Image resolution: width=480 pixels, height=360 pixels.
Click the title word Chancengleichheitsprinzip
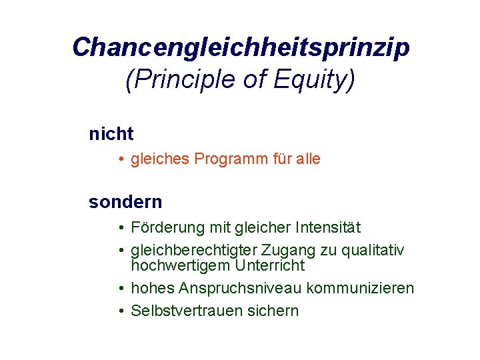[x=241, y=48]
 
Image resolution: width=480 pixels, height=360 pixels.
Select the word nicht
[x=111, y=134]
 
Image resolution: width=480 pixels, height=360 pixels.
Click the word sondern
[x=125, y=202]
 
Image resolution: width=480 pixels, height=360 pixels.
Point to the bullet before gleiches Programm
[x=123, y=160]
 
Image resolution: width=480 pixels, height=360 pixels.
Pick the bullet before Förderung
[x=123, y=229]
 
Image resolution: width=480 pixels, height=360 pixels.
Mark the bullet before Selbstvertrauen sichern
[x=123, y=311]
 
